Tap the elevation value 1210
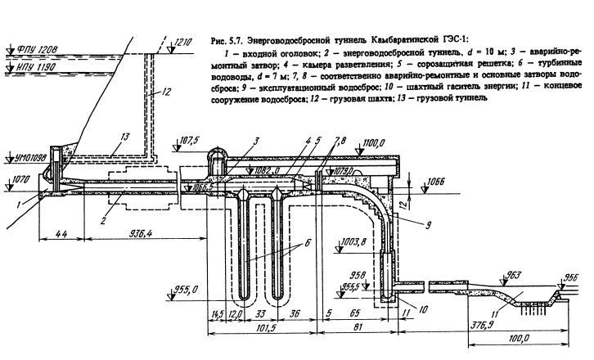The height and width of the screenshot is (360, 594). pyautogui.click(x=184, y=40)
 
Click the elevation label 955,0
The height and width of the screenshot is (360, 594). pyautogui.click(x=191, y=289)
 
